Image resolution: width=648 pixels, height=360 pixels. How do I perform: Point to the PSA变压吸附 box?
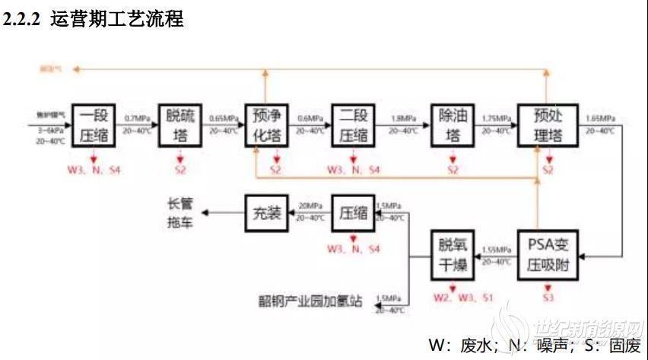click(548, 256)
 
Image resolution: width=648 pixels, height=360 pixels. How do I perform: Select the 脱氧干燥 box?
click(453, 256)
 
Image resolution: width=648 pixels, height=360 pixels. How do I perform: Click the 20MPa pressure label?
click(310, 206)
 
